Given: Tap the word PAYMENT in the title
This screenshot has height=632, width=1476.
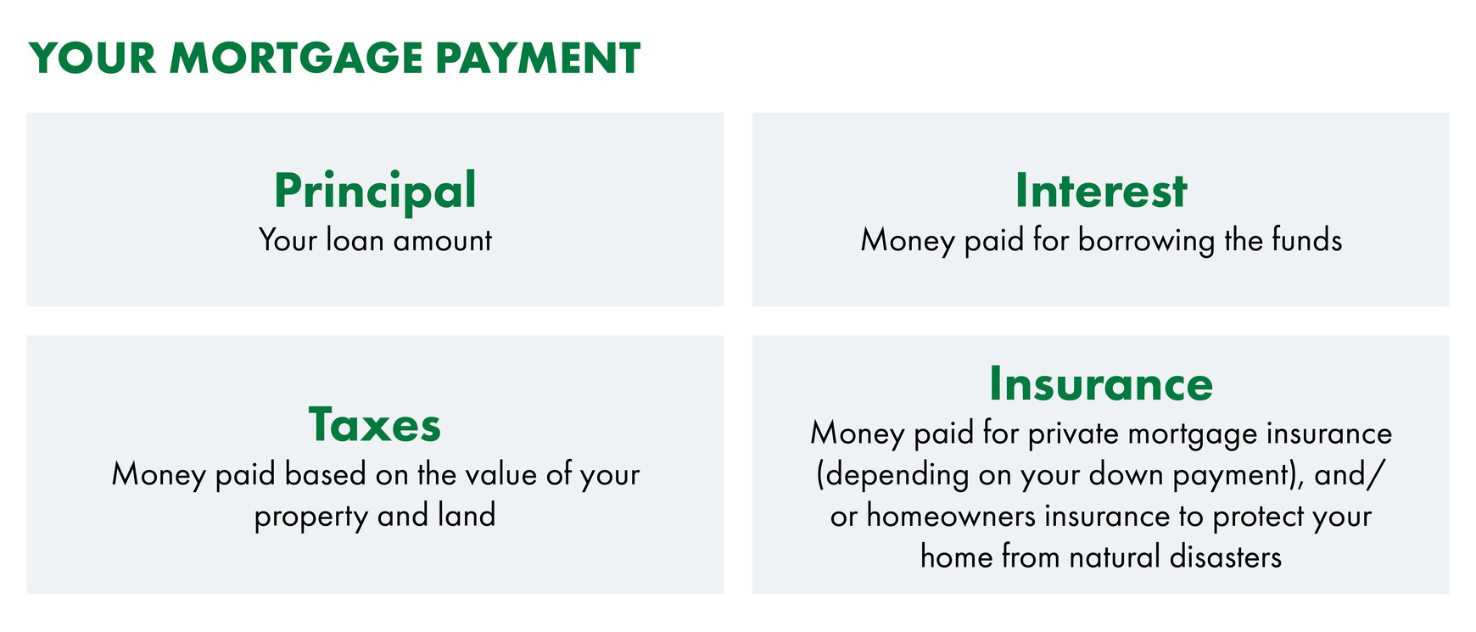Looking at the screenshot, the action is click(538, 59).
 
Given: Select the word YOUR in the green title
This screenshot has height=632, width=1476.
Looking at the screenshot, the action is click(92, 59).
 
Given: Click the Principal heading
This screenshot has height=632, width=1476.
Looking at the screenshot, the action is click(375, 192).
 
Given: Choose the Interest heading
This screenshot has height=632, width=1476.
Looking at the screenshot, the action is click(1101, 190).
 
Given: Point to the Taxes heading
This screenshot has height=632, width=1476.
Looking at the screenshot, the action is click(375, 425).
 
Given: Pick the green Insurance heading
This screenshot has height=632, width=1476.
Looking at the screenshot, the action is click(1101, 383).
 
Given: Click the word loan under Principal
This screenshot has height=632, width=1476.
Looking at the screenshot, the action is click(355, 240).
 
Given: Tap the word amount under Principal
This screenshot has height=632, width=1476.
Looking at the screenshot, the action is click(443, 242).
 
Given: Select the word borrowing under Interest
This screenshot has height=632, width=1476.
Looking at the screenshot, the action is click(1146, 241).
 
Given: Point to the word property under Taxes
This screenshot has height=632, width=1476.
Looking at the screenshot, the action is click(310, 517).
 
